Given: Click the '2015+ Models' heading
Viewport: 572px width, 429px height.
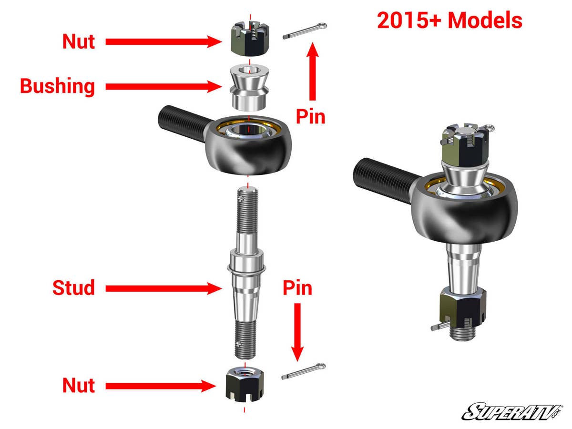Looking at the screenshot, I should point(449,21).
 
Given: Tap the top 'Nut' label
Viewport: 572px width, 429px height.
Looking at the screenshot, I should point(79,42).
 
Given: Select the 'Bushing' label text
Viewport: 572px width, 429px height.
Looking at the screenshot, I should point(57,86).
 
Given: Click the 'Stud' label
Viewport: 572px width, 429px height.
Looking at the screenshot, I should point(73,288).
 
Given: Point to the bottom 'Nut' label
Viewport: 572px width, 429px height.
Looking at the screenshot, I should point(79,385).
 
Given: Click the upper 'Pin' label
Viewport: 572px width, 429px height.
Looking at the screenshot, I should point(310,116).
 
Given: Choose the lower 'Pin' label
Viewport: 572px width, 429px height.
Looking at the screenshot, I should point(297,288).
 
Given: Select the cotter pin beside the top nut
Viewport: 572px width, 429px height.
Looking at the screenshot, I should point(304,31).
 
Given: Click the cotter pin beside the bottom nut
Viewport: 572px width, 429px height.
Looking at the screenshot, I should point(304,371).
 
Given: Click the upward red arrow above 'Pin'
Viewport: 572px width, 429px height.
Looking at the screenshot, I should point(313,71).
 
